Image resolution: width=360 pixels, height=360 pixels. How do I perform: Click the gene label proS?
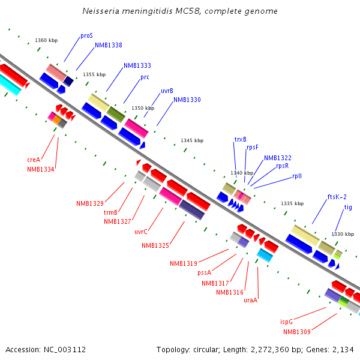tap(86, 36)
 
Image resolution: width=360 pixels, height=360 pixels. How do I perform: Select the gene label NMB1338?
tap(109, 46)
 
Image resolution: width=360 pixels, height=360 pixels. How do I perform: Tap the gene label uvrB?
tap(167, 91)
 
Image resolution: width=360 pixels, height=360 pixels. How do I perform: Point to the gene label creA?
tap(34, 160)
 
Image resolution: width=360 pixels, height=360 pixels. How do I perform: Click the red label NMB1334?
tap(41, 170)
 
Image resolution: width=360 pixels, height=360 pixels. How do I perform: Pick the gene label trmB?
tap(110, 212)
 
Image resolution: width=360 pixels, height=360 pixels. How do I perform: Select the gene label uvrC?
tap(141, 232)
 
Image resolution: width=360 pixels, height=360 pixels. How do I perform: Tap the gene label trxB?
tap(240, 139)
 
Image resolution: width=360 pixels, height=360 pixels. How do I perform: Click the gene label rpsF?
tap(253, 147)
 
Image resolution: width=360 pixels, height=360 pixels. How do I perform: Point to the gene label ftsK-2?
tap(337, 197)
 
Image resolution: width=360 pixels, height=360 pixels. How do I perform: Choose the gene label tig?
tap(348, 208)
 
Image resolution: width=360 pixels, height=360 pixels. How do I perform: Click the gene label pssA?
tap(205, 272)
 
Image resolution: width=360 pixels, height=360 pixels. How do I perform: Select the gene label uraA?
tap(250, 300)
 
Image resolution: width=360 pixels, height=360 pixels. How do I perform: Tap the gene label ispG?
tap(286, 322)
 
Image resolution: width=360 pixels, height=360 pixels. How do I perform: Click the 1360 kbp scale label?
tap(46, 40)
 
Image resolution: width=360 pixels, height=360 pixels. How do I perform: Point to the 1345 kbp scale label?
tap(192, 140)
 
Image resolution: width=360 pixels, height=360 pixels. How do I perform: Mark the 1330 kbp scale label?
tap(343, 234)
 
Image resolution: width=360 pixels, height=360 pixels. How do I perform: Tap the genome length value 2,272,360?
tap(267, 349)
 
